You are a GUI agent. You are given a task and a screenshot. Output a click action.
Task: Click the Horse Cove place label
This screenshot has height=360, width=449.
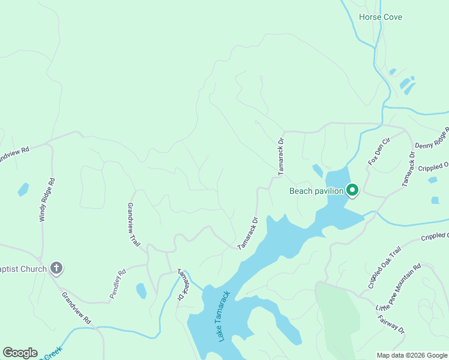click(380, 17)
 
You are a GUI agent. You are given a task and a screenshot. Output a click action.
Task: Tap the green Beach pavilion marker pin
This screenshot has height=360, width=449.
click(352, 190)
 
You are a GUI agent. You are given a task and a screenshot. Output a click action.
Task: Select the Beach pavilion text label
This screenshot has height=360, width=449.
click(316, 191)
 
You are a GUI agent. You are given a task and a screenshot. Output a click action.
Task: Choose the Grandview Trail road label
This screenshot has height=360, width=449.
click(133, 224)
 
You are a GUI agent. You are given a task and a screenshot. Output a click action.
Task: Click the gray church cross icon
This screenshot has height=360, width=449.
click(56, 268)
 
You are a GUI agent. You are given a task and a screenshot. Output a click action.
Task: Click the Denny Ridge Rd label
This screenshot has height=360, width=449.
click(432, 139)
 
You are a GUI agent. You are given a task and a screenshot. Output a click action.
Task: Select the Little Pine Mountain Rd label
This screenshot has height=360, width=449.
click(399, 286)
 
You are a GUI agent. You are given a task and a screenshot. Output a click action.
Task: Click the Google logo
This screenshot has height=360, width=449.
click(20, 352)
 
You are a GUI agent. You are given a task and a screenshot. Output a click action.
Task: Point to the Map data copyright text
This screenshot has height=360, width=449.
click(412, 355)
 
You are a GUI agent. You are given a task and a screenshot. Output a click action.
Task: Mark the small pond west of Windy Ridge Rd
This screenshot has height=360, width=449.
click(23, 190)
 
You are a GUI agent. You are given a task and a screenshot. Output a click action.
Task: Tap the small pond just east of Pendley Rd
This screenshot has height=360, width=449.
click(141, 291)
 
